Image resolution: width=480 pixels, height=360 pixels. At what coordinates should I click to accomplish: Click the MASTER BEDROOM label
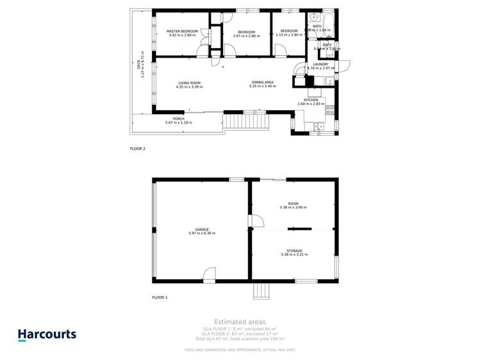(x=182, y=31)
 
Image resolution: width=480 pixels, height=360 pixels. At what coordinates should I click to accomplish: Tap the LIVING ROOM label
(x=189, y=83)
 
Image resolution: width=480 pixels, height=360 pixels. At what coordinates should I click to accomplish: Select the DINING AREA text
(x=262, y=83)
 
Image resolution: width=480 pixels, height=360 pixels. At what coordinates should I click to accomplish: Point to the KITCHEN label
(x=311, y=100)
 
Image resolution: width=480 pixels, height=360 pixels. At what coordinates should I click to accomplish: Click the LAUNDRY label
(x=320, y=64)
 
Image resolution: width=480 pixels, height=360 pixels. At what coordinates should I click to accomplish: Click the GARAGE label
(x=202, y=229)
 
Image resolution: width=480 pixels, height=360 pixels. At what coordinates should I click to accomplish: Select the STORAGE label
(x=294, y=251)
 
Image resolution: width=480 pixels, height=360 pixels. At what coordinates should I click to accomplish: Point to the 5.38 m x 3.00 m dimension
(x=293, y=208)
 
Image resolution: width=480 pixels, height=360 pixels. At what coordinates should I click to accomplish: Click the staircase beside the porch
(x=244, y=120)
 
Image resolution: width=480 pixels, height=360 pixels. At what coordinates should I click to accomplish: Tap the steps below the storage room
(x=261, y=291)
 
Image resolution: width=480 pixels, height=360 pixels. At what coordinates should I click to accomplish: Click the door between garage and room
(x=255, y=221)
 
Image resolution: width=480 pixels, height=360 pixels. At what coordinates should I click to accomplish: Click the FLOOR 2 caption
(x=137, y=149)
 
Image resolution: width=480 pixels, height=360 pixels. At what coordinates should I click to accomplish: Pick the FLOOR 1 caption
(x=159, y=297)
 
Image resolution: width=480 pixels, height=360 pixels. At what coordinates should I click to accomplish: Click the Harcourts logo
(x=47, y=334)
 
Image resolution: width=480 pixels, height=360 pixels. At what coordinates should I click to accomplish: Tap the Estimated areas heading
(x=240, y=322)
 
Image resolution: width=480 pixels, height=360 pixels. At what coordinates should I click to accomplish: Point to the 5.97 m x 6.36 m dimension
(x=202, y=233)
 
